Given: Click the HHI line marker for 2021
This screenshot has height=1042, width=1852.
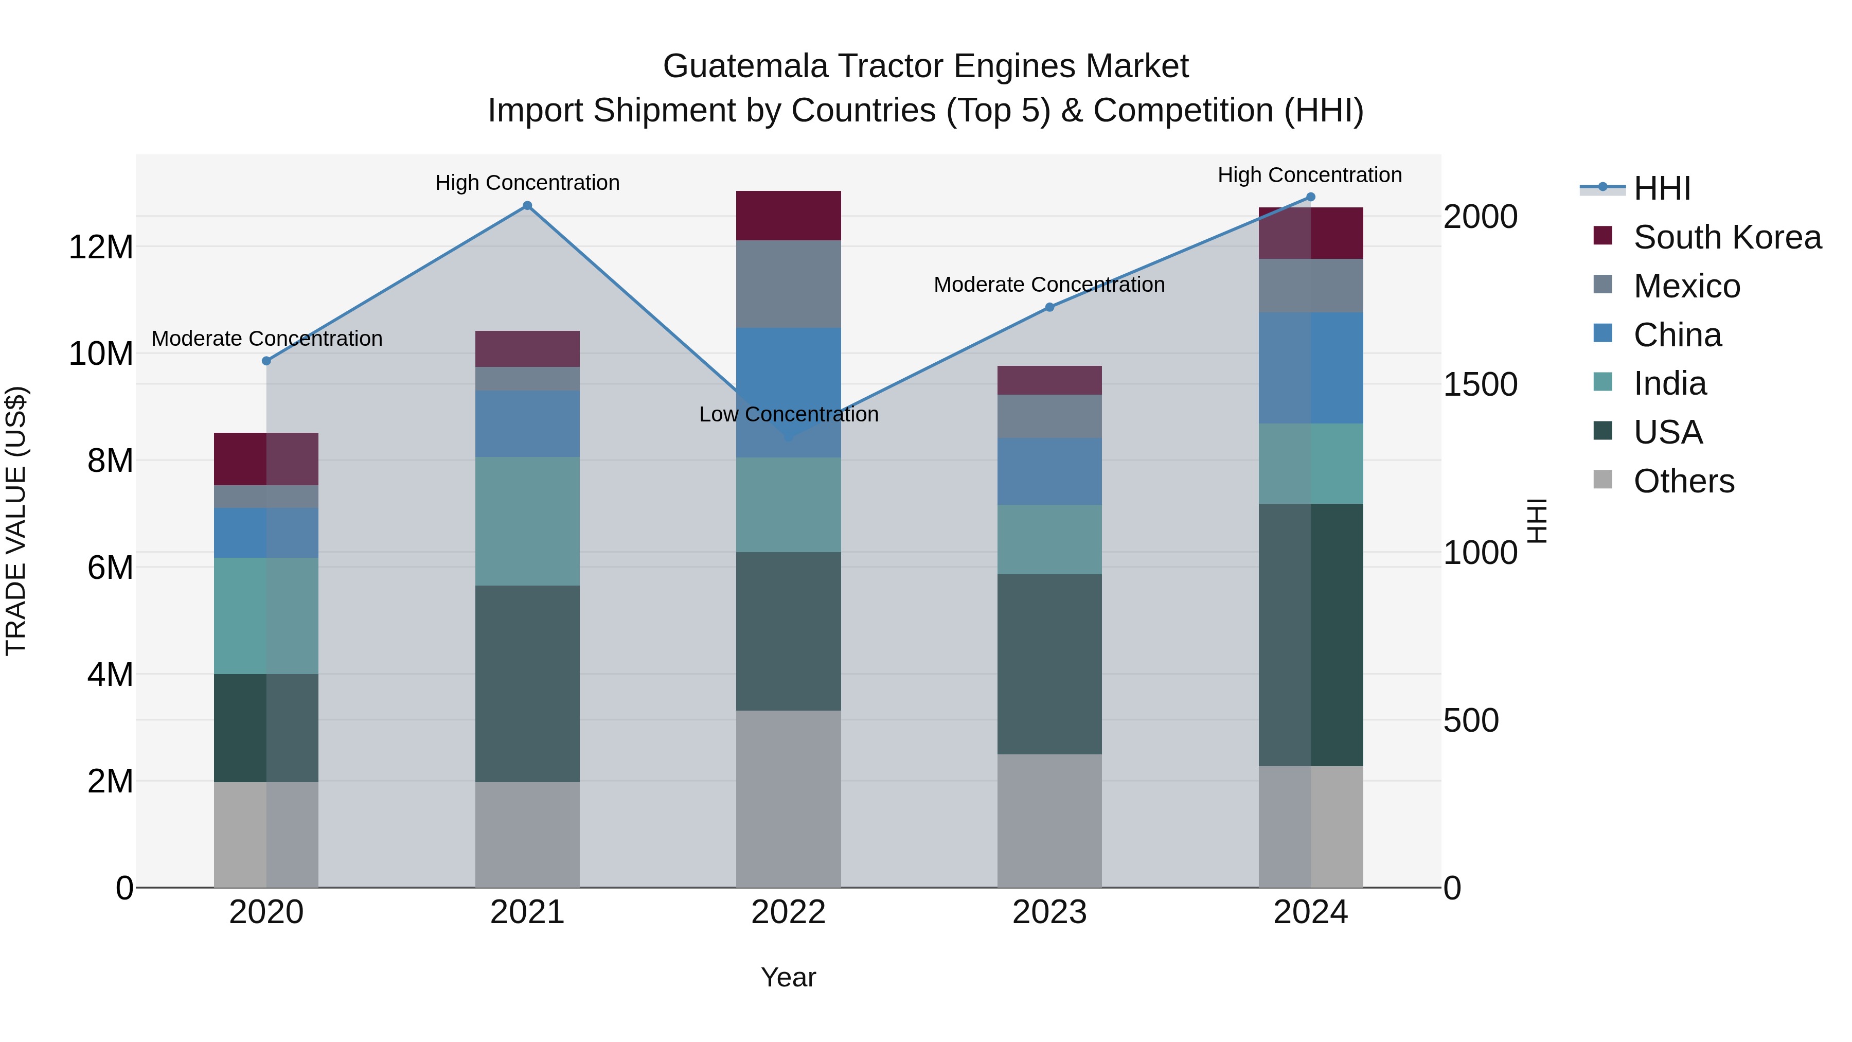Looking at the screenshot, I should pyautogui.click(x=527, y=206).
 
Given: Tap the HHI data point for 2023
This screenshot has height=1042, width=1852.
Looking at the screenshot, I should pyautogui.click(x=1049, y=307).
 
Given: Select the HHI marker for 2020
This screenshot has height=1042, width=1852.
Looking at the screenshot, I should pyautogui.click(x=266, y=361).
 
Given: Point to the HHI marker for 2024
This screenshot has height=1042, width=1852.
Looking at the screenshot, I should pyautogui.click(x=1310, y=197).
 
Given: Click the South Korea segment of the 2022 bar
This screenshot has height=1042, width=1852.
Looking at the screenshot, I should pyautogui.click(x=788, y=216).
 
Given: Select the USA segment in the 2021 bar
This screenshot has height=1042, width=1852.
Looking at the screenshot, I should pyautogui.click(x=527, y=683).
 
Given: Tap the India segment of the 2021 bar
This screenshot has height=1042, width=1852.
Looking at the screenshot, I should pyautogui.click(x=527, y=521).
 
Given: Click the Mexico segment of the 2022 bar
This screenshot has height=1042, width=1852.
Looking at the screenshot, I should pyautogui.click(x=788, y=284).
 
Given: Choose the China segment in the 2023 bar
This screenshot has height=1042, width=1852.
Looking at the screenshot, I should pyautogui.click(x=1049, y=471).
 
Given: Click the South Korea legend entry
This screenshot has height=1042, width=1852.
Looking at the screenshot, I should pyautogui.click(x=1726, y=237).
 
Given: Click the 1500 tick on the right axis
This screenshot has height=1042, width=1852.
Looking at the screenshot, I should pyautogui.click(x=1480, y=385).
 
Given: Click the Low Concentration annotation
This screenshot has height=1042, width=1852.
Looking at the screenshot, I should pyautogui.click(x=789, y=414).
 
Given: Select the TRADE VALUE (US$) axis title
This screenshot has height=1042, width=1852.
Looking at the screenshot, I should pyautogui.click(x=16, y=521).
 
